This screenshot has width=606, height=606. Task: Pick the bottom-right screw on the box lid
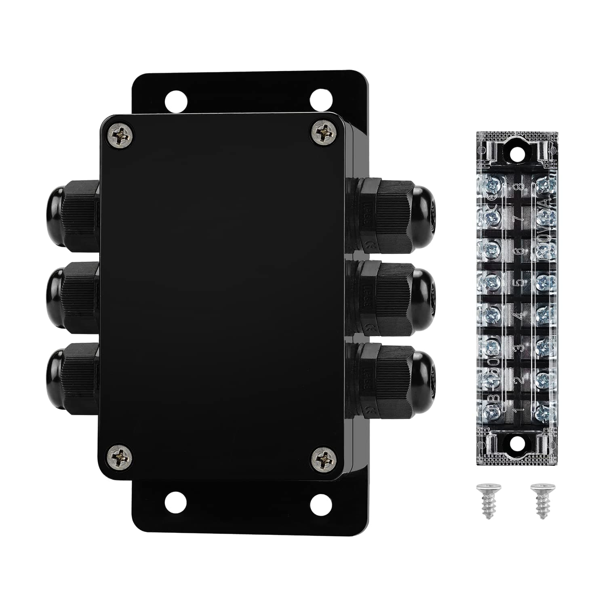324,459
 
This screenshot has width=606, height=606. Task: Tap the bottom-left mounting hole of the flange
176,502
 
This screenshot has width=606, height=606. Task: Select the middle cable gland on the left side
73,297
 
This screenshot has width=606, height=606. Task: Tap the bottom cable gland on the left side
73,378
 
